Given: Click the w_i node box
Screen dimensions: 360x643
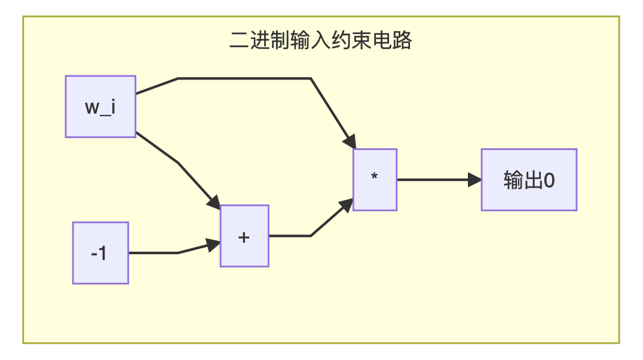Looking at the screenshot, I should point(100,106).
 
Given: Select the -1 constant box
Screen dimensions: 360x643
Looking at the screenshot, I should point(100,252).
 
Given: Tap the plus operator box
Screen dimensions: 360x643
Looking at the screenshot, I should point(244,236).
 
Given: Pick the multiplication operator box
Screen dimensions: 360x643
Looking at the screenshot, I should point(375,179).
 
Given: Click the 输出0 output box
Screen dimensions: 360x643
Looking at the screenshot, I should point(529,179).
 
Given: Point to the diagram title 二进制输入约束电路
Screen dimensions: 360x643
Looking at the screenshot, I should point(321,41).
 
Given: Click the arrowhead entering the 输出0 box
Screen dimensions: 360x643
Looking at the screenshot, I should point(475,179).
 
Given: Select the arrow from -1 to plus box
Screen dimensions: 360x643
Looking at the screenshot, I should point(173,252).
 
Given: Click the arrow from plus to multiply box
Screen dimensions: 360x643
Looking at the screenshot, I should point(311,235).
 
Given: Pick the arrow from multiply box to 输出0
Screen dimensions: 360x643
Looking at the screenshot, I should point(436,179).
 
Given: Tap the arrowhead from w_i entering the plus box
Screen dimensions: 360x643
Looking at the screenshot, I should point(214,202).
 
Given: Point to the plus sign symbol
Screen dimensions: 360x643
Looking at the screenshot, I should point(244,236).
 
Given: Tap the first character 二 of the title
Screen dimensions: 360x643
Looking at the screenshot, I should point(237,41).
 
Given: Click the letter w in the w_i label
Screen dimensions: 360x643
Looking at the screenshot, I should point(93,108).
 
